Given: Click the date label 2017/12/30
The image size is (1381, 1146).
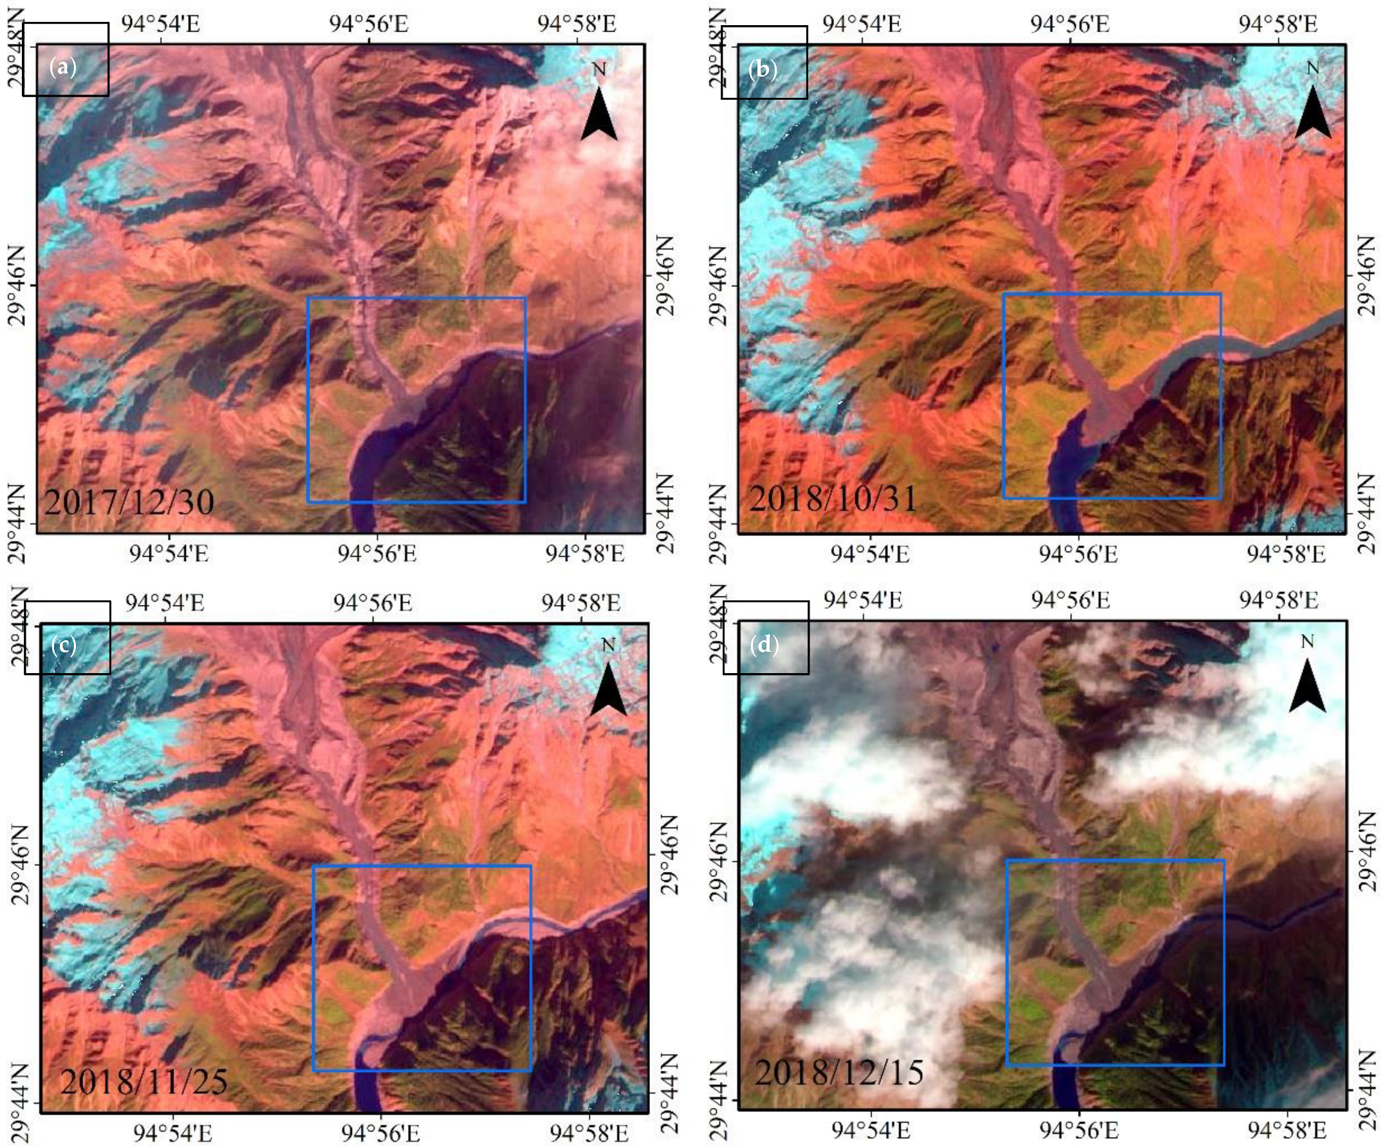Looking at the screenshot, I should [129, 503].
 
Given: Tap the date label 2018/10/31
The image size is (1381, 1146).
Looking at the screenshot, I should [833, 499].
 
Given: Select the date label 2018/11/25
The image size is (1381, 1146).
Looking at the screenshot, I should [144, 1081].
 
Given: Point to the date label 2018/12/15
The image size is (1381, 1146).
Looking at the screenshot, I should [839, 1073].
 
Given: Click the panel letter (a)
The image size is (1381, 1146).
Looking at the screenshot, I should [63, 67].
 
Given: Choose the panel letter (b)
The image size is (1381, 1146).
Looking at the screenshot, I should [763, 69].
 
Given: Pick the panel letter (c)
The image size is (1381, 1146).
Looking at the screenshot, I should [64, 645].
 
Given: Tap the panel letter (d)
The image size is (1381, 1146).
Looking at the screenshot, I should [764, 645].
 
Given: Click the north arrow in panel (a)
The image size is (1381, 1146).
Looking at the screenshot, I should [599, 112].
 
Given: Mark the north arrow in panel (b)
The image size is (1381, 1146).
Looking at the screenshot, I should [1313, 110].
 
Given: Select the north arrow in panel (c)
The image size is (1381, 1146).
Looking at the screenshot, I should [608, 687].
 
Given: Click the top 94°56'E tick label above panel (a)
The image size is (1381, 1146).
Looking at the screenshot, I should [369, 24].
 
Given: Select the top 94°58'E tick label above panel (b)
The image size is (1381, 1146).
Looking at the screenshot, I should [1278, 24].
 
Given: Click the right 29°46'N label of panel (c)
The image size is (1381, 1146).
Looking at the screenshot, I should [667, 853].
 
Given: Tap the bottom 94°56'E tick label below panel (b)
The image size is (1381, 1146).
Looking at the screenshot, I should [1078, 553].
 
